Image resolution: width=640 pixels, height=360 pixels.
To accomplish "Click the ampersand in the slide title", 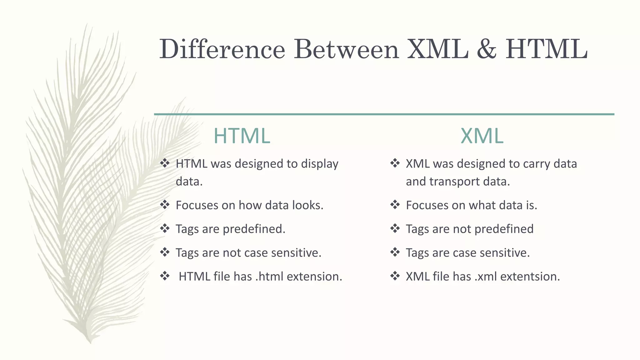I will (x=487, y=49).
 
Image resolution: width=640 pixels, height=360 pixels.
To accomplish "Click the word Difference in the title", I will (x=222, y=49).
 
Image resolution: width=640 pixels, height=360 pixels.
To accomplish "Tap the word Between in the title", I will (x=346, y=49).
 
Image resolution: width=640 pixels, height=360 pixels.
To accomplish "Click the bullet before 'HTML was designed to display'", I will (x=165, y=163).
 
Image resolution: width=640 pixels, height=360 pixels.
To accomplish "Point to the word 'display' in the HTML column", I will (x=319, y=164).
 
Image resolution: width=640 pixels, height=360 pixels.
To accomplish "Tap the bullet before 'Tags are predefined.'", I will (x=165, y=228).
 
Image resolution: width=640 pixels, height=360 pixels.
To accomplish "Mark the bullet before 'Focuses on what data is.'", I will (x=395, y=205).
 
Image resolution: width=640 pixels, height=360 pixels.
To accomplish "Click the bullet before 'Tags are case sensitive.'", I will (x=395, y=252).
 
